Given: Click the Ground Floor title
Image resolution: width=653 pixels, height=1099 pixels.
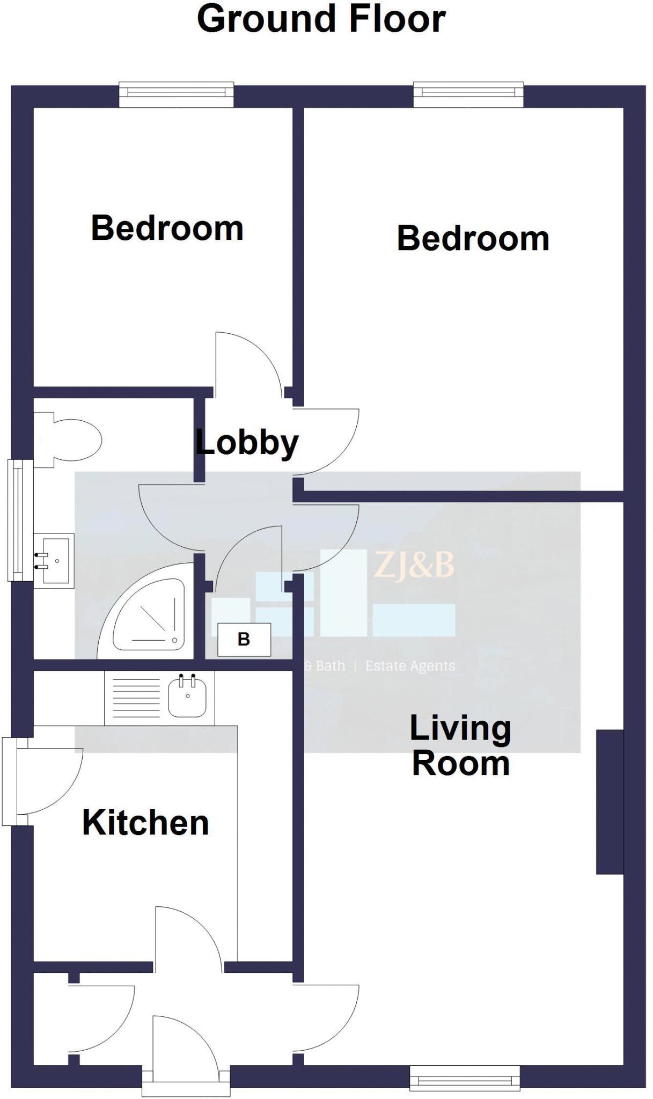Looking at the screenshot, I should click(321, 19).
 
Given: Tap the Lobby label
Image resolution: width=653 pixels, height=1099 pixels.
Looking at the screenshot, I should click(247, 443).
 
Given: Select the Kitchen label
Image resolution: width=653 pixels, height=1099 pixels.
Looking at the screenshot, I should click(145, 823).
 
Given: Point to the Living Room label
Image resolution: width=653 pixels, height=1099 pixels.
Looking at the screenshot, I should click(460, 746).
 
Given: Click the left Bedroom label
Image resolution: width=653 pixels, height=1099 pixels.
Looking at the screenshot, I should click(167, 228).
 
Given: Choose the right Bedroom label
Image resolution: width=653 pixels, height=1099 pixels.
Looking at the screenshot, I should click(473, 238).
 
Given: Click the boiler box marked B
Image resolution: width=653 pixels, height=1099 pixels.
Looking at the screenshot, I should click(244, 640).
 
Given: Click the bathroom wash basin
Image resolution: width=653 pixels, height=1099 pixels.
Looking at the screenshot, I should click(54, 561).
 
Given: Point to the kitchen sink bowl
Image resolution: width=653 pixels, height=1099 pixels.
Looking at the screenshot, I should click(187, 697).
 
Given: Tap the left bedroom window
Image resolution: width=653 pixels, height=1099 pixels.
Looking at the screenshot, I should click(176, 94).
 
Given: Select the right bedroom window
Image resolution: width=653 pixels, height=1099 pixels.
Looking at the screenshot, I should click(468, 94).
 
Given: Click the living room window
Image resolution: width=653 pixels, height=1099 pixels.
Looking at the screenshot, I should click(465, 1078).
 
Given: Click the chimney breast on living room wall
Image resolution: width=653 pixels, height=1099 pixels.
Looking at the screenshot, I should click(610, 802).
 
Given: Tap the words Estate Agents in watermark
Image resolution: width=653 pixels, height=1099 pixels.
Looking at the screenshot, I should click(410, 666).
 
